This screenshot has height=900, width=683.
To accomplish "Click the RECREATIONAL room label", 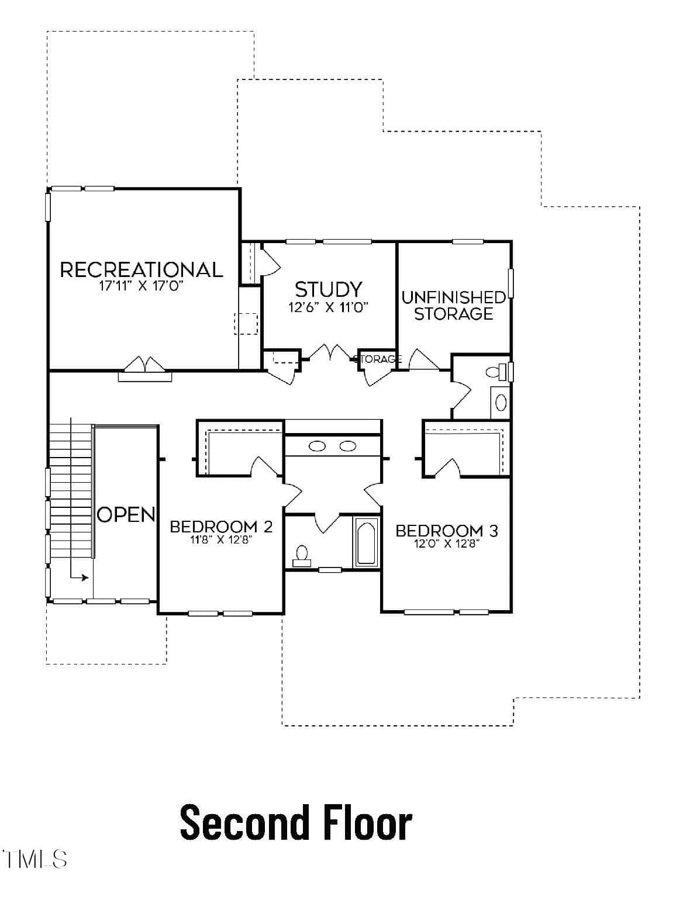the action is [142, 270].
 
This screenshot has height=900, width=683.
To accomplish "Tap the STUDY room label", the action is [329, 289].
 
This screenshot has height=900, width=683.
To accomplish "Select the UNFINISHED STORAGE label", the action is [453, 306].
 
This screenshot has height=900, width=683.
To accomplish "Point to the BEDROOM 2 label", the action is [221, 527].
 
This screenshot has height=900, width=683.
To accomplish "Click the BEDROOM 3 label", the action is [447, 531].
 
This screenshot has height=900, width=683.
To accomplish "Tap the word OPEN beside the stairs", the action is [126, 515].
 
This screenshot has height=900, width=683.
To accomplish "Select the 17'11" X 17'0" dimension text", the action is [141, 286].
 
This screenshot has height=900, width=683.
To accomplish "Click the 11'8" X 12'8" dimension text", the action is [220, 539].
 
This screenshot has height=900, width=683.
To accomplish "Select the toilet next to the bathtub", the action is [302, 556].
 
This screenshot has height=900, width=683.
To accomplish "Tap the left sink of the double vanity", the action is [317, 446].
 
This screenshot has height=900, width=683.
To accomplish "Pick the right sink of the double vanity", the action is [348, 446].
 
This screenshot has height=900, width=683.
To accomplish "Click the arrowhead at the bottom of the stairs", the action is [85, 578].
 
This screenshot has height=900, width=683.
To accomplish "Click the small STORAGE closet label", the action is [377, 359].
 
